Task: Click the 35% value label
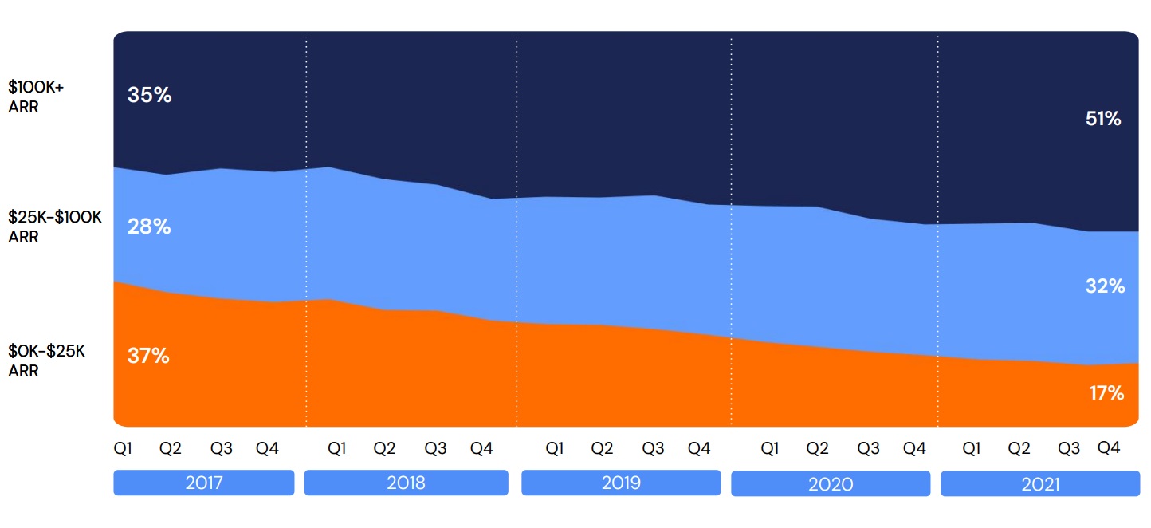click(x=149, y=96)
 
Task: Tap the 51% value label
click(x=1103, y=120)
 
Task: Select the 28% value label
click(x=149, y=227)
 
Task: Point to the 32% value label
click(x=1105, y=286)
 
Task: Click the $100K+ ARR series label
click(x=36, y=97)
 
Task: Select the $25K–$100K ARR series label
click(x=54, y=227)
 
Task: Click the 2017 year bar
click(x=204, y=483)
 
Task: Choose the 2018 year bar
click(x=406, y=483)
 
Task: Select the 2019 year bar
click(x=620, y=483)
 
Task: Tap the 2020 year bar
click(x=830, y=483)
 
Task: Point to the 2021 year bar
click(x=1039, y=483)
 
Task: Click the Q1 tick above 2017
click(x=124, y=449)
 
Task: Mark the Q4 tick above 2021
click(x=1109, y=448)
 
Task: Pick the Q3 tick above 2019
click(x=653, y=449)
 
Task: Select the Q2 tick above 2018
click(x=385, y=449)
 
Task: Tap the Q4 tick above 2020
click(x=914, y=449)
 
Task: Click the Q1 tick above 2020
click(x=770, y=449)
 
